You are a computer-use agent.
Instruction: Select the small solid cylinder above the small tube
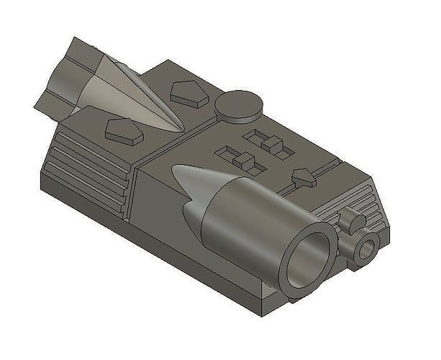click(x=350, y=219)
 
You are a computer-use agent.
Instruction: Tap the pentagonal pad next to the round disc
click(x=189, y=94)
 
